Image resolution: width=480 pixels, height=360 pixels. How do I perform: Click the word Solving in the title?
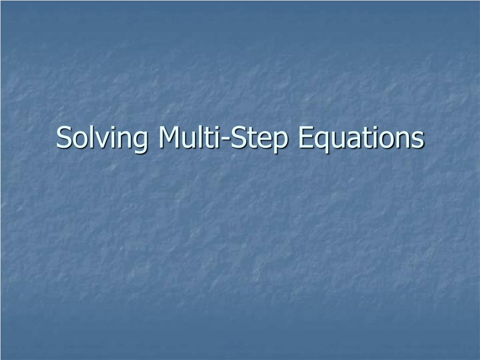pyautogui.click(x=102, y=138)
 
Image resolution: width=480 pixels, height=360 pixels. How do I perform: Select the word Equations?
pyautogui.click(x=361, y=138)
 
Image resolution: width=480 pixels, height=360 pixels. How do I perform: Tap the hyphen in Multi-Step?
pyautogui.click(x=225, y=140)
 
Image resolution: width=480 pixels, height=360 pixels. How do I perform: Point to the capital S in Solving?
pyautogui.click(x=65, y=137)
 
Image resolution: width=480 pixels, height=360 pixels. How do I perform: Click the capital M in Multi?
pyautogui.click(x=171, y=137)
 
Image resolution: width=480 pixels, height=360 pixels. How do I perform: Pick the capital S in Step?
pyautogui.click(x=239, y=137)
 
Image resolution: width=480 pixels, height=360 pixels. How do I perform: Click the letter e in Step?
pyautogui.click(x=262, y=140)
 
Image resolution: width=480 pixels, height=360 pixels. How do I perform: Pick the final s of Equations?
pyautogui.click(x=419, y=140)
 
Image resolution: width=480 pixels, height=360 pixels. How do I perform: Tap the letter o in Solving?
pyautogui.click(x=82, y=140)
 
